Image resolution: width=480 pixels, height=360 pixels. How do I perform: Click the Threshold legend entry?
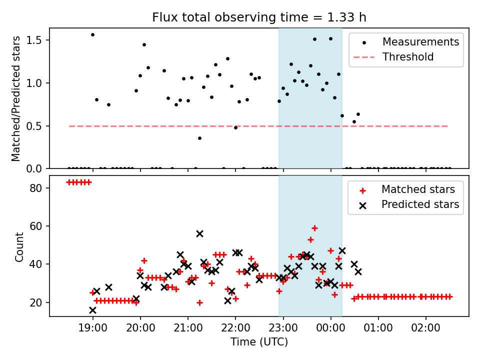tap(393, 57)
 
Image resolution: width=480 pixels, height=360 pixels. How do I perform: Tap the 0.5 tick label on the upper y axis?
tap(34, 126)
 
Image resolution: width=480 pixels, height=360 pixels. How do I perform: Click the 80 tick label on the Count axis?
tap(36, 188)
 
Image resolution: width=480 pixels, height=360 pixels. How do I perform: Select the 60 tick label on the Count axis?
tap(36, 226)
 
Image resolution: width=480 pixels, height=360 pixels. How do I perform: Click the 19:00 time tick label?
tap(93, 328)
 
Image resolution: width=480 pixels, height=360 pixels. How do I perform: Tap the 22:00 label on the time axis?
tap(235, 328)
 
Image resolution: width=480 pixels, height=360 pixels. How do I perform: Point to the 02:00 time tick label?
tap(426, 328)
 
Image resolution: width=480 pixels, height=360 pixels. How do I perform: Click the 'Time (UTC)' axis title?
tap(259, 342)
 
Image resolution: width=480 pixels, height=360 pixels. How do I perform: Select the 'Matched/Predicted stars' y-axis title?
tap(15, 98)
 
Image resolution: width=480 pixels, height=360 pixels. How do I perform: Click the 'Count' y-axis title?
tap(19, 247)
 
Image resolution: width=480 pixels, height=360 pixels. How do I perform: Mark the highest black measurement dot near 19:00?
tap(93, 35)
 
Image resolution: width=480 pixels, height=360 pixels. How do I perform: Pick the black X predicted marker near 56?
tap(199, 234)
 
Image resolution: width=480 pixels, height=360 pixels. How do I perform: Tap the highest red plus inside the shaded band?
tap(314, 228)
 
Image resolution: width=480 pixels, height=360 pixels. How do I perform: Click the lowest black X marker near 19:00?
tap(93, 310)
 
